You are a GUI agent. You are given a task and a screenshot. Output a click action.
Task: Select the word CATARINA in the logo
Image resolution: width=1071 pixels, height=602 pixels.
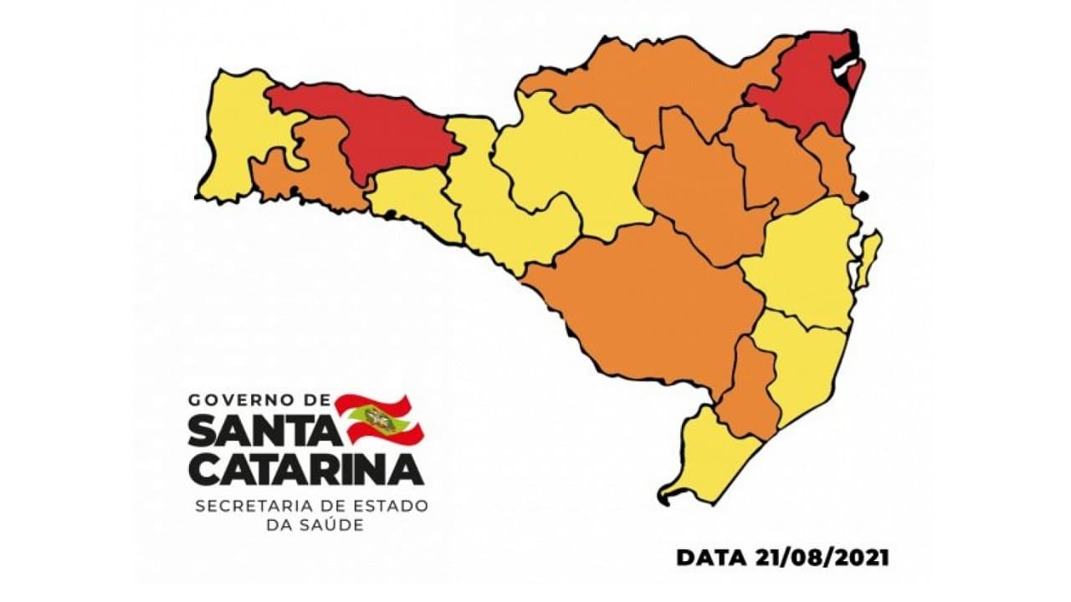pyautogui.click(x=305, y=470)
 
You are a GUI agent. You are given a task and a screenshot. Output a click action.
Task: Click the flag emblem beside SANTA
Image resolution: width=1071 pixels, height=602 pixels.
pyautogui.click(x=378, y=419)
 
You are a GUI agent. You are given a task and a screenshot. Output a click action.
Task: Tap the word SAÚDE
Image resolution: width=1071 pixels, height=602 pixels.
pyautogui.click(x=334, y=525)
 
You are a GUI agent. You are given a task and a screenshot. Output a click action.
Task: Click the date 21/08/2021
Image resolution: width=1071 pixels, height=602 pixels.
pyautogui.click(x=819, y=557)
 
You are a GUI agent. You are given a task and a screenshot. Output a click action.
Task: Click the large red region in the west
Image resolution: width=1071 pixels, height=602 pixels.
pyautogui.click(x=368, y=130)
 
